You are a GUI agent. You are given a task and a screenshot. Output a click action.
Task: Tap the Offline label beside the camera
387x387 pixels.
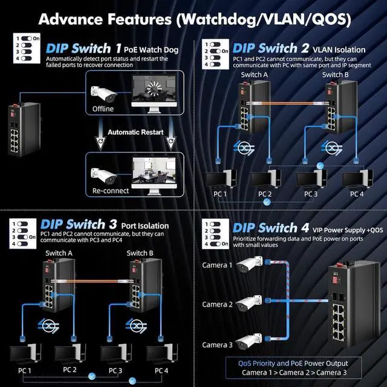click(103, 109)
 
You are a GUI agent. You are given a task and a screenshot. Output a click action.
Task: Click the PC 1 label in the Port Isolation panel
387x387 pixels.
click(24, 369)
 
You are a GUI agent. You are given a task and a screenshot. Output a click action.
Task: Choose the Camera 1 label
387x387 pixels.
click(217, 265)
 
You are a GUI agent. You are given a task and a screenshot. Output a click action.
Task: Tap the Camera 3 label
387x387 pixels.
click(217, 345)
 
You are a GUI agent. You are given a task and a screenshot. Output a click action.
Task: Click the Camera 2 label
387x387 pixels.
click(217, 304)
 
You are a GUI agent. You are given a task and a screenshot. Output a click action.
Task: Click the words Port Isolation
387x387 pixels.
click(145, 226)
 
